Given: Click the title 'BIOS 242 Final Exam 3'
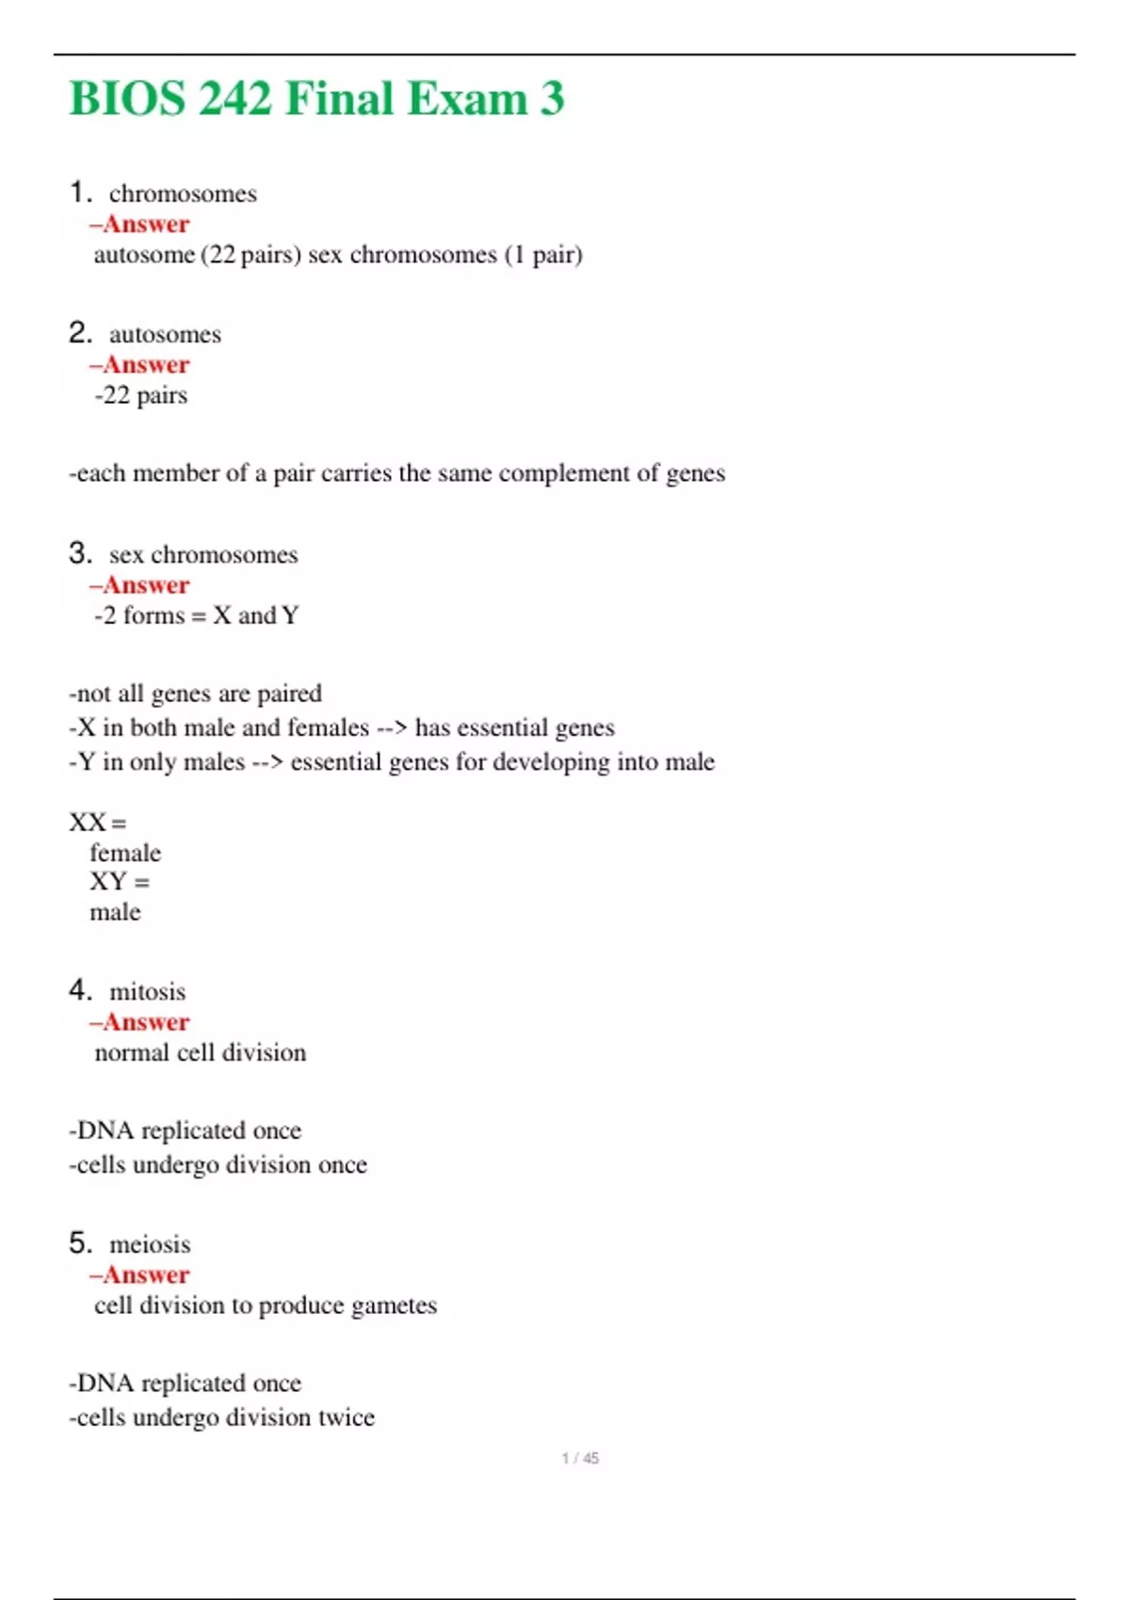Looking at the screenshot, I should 316,99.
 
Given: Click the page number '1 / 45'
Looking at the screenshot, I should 580,1458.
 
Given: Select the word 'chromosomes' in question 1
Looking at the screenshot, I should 183,194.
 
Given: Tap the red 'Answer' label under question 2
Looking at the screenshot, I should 146,365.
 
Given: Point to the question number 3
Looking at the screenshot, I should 80,553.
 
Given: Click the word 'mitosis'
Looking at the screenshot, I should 148,992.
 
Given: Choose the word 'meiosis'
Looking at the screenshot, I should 150,1244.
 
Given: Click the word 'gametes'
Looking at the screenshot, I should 393,1305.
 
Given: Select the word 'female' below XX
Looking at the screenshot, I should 125,854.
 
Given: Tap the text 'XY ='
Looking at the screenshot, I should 120,882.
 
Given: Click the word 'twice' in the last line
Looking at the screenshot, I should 346,1417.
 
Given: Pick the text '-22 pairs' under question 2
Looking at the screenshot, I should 141,395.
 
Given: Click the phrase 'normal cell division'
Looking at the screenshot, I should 201,1052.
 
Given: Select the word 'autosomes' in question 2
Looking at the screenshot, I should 165,334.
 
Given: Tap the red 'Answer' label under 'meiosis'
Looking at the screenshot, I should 146,1275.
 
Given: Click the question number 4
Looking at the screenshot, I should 80,990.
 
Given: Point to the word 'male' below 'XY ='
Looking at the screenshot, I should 115,912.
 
